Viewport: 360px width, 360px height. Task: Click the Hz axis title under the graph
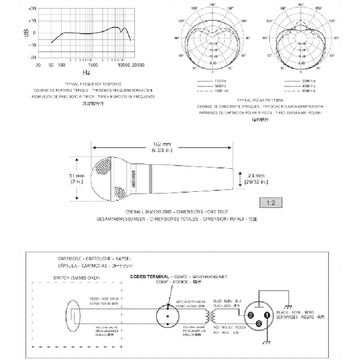(86, 72)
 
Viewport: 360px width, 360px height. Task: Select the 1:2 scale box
(270, 202)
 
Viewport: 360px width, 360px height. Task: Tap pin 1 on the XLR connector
(267, 315)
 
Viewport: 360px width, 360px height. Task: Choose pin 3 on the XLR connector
(259, 323)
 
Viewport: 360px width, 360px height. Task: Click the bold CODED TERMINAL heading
(149, 276)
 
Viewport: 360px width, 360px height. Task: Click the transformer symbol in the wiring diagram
(210, 316)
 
